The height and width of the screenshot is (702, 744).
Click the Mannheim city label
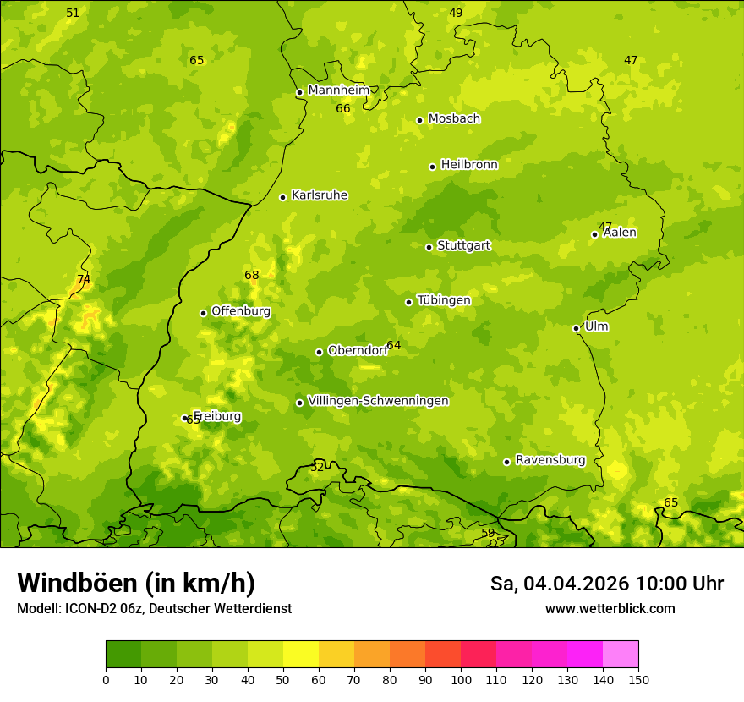pyautogui.click(x=339, y=90)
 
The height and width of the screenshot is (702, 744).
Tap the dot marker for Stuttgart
pyautogui.click(x=429, y=247)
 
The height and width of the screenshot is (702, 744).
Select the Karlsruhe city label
pyautogui.click(x=320, y=195)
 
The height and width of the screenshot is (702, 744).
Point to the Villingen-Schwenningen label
pyautogui.click(x=378, y=401)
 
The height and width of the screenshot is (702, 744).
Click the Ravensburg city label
pyautogui.click(x=550, y=460)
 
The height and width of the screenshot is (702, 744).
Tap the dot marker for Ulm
pyautogui.click(x=576, y=328)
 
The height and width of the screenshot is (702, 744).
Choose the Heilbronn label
pyautogui.click(x=469, y=165)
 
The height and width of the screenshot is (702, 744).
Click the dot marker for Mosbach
pyautogui.click(x=419, y=120)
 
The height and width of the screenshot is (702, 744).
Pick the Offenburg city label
pyautogui.click(x=241, y=311)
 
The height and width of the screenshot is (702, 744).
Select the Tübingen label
pyautogui.click(x=444, y=300)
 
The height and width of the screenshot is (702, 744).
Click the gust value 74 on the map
pyautogui.click(x=84, y=279)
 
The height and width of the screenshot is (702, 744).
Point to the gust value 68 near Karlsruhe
pyautogui.click(x=252, y=275)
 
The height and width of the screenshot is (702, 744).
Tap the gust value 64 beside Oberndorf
pyautogui.click(x=394, y=345)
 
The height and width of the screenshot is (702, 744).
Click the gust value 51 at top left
pyautogui.click(x=73, y=13)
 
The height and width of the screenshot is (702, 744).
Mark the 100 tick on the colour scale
pyautogui.click(x=461, y=679)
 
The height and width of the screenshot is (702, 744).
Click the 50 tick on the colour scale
pyautogui.click(x=283, y=679)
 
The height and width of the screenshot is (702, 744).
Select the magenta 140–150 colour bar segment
pyautogui.click(x=621, y=655)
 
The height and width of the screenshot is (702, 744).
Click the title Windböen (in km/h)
pyautogui.click(x=136, y=583)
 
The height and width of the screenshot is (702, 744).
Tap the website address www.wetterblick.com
pyautogui.click(x=610, y=608)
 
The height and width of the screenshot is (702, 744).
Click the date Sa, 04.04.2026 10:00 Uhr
pyautogui.click(x=606, y=584)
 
